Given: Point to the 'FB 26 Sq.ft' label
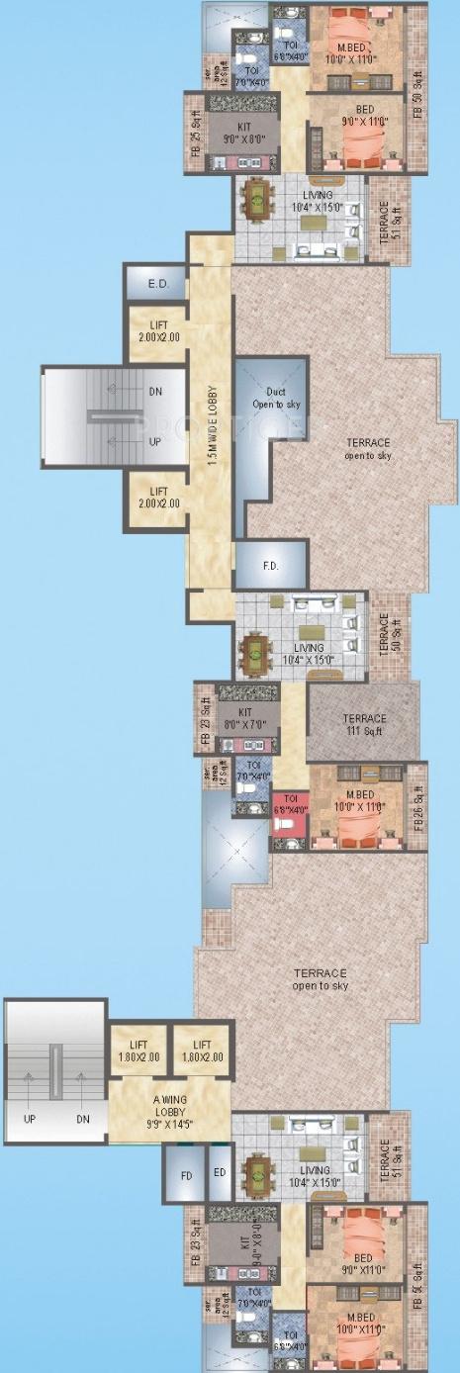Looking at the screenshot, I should coord(418,806).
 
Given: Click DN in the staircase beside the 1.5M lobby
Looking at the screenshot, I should coord(155,392).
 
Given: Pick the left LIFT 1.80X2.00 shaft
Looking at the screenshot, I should coord(138,1051).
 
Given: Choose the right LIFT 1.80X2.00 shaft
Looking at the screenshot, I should coord(202,1051).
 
